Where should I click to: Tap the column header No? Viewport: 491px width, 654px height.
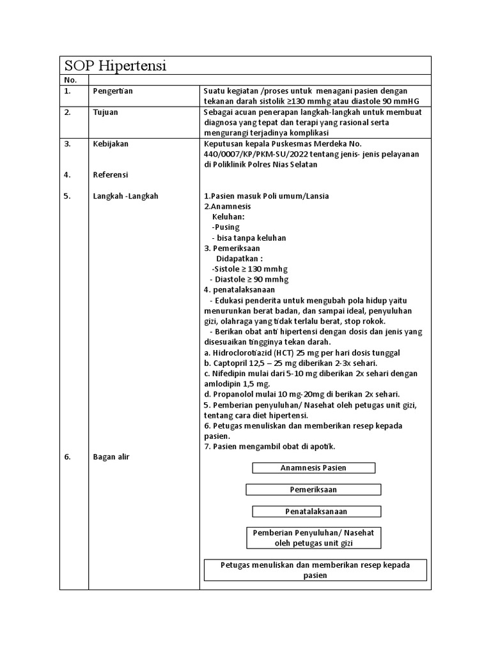70,80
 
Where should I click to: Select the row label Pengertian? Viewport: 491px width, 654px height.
113,91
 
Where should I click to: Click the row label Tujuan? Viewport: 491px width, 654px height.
105,112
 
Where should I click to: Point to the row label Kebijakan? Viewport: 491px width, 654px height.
111,144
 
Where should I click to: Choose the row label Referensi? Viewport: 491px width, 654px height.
111,174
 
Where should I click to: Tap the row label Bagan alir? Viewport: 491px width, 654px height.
111,457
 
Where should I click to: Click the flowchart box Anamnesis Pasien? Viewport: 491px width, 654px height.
313,468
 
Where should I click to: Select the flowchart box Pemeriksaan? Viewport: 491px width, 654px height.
313,490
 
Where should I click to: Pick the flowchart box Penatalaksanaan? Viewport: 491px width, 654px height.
316,512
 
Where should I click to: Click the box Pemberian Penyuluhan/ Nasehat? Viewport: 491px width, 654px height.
313,538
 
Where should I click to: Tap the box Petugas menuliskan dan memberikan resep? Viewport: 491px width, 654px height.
315,570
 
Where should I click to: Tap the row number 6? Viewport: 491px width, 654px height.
66,457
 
